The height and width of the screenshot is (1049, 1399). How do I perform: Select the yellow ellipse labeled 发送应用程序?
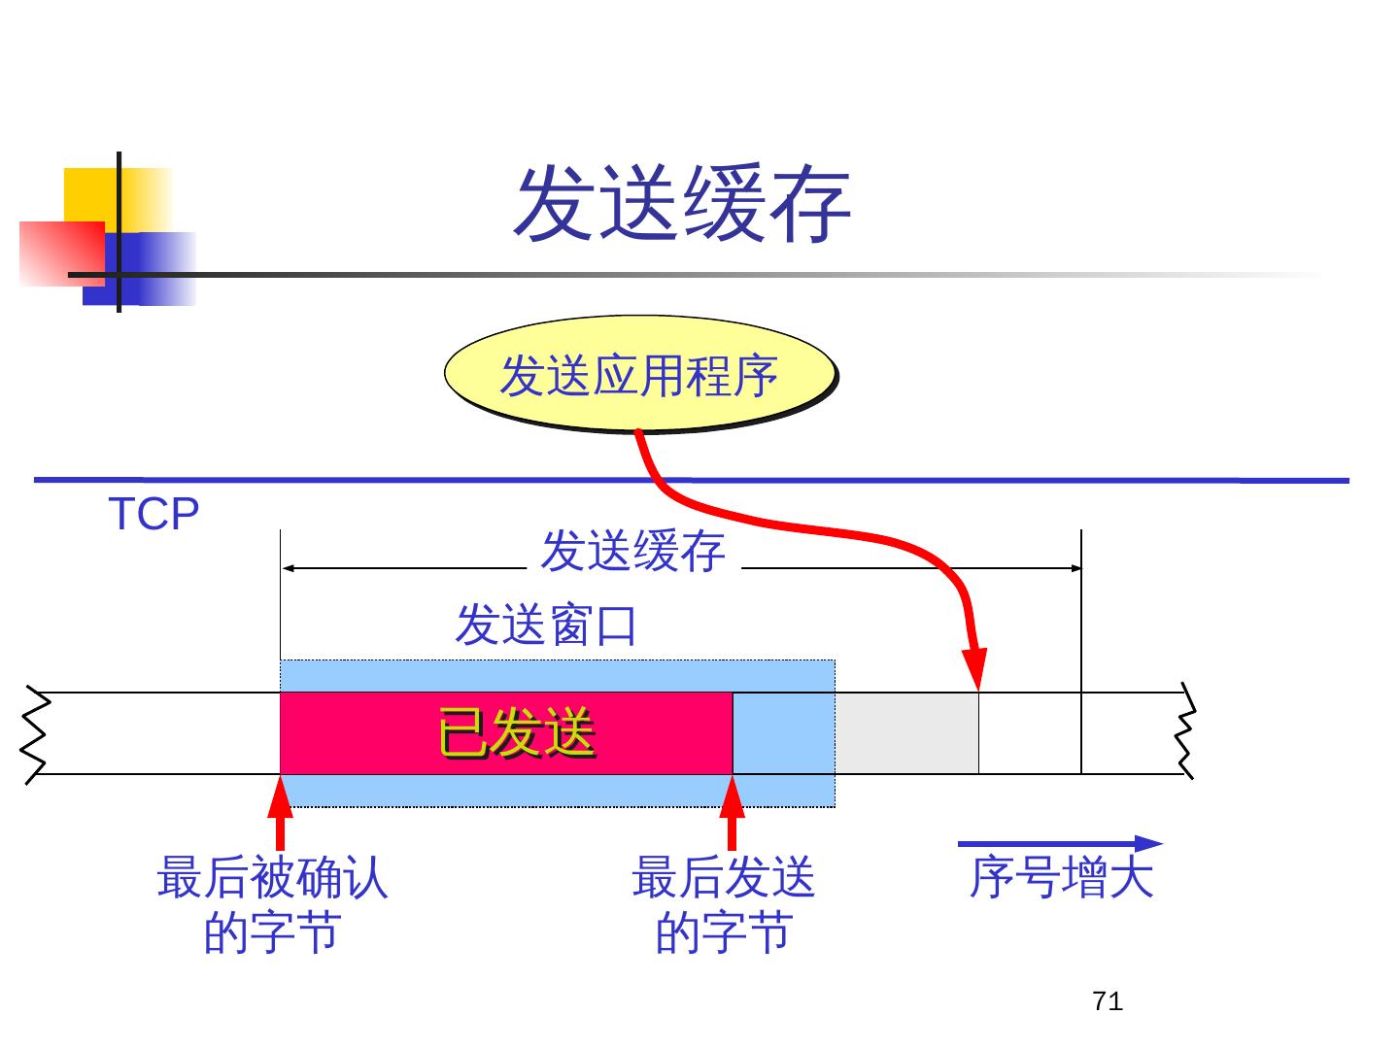coord(639,375)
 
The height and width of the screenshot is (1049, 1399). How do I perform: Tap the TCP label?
coord(154,514)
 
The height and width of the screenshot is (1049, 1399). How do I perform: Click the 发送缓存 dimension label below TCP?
coord(632,552)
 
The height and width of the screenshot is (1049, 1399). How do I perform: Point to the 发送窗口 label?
coord(545,625)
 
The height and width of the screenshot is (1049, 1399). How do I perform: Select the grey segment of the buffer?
coord(906,733)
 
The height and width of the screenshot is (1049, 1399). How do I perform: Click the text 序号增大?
coord(1061,878)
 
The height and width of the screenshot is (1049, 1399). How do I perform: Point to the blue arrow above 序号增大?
coord(1059,843)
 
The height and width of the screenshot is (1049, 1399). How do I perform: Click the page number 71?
coord(1108,1001)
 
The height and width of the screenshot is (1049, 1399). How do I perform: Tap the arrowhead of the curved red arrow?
coord(976,669)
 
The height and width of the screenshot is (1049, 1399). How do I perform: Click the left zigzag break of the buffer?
coord(35,733)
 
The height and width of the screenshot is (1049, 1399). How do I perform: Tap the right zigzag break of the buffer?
coord(1185,733)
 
